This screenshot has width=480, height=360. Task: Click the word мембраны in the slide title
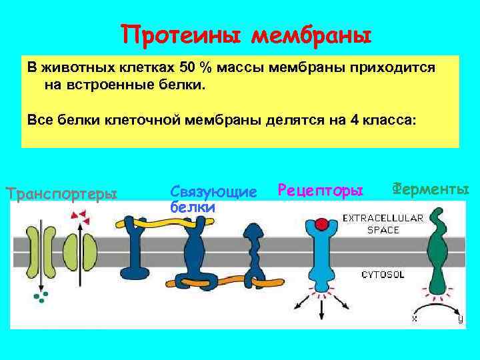point(310,34)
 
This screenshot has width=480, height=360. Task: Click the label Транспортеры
point(61,194)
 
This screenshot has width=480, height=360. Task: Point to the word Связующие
point(213,192)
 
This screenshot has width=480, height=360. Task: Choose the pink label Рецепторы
point(321,191)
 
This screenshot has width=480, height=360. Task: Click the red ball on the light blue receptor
point(322,224)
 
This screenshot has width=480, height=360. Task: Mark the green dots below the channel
point(42,295)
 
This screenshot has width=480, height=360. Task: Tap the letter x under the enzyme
point(414,319)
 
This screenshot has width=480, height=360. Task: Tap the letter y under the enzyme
point(460,319)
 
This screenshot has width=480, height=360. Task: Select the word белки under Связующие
point(193,207)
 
